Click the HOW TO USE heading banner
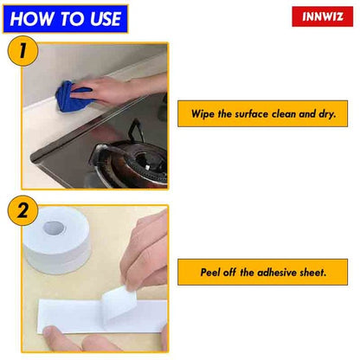click(x=65, y=18)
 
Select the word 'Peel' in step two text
click(x=206, y=272)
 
